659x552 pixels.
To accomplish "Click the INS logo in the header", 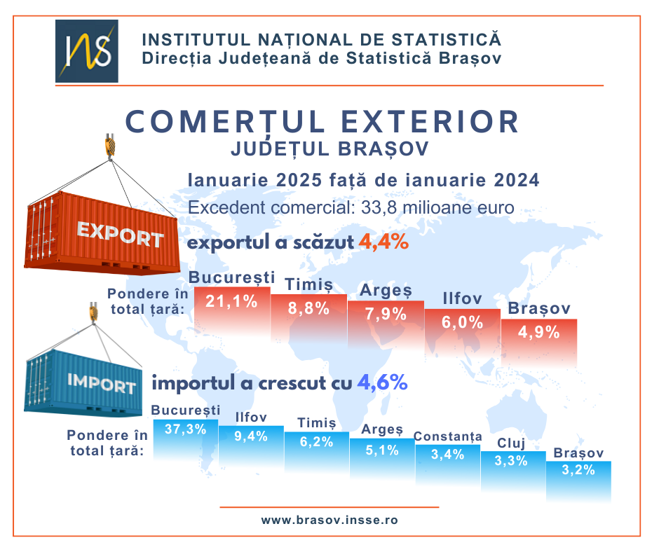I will point(86,51).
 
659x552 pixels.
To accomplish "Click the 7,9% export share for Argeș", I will point(386,314).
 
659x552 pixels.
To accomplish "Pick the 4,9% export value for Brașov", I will point(538,332).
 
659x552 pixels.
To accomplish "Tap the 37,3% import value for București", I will point(185,429).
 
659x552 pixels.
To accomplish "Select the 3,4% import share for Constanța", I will point(447,454).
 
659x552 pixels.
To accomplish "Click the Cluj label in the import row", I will point(512,443).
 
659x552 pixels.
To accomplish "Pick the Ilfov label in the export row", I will point(462,299).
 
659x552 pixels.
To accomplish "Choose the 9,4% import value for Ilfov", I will point(251,436).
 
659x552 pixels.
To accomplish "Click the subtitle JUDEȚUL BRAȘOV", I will point(329,149).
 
